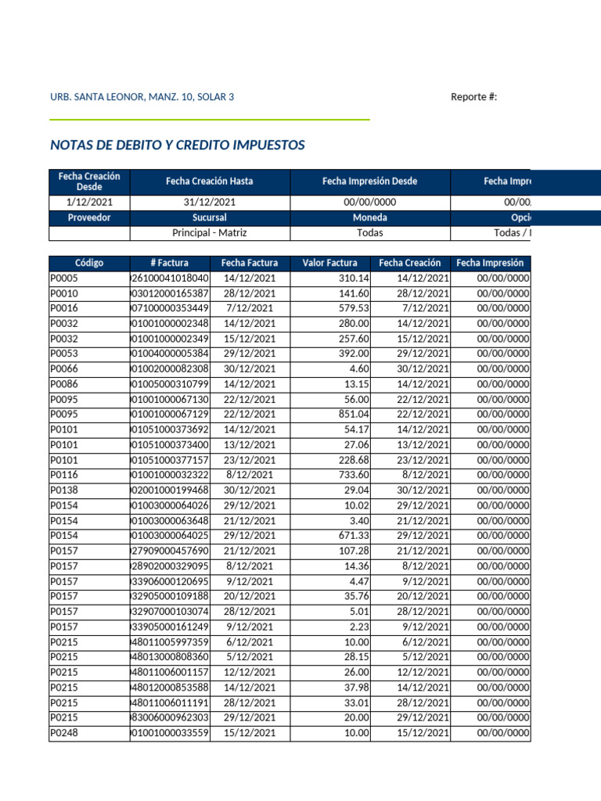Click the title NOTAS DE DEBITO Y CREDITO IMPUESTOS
177,145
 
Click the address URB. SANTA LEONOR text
142,97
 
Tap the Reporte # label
473,97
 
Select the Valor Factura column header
329,263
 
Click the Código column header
89,263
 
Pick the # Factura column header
170,263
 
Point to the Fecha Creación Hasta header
209,181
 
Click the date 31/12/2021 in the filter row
209,203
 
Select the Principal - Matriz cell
209,233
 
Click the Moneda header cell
369,217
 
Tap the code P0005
64,278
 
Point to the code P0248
64,733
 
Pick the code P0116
64,475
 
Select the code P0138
64,490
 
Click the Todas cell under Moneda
369,233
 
